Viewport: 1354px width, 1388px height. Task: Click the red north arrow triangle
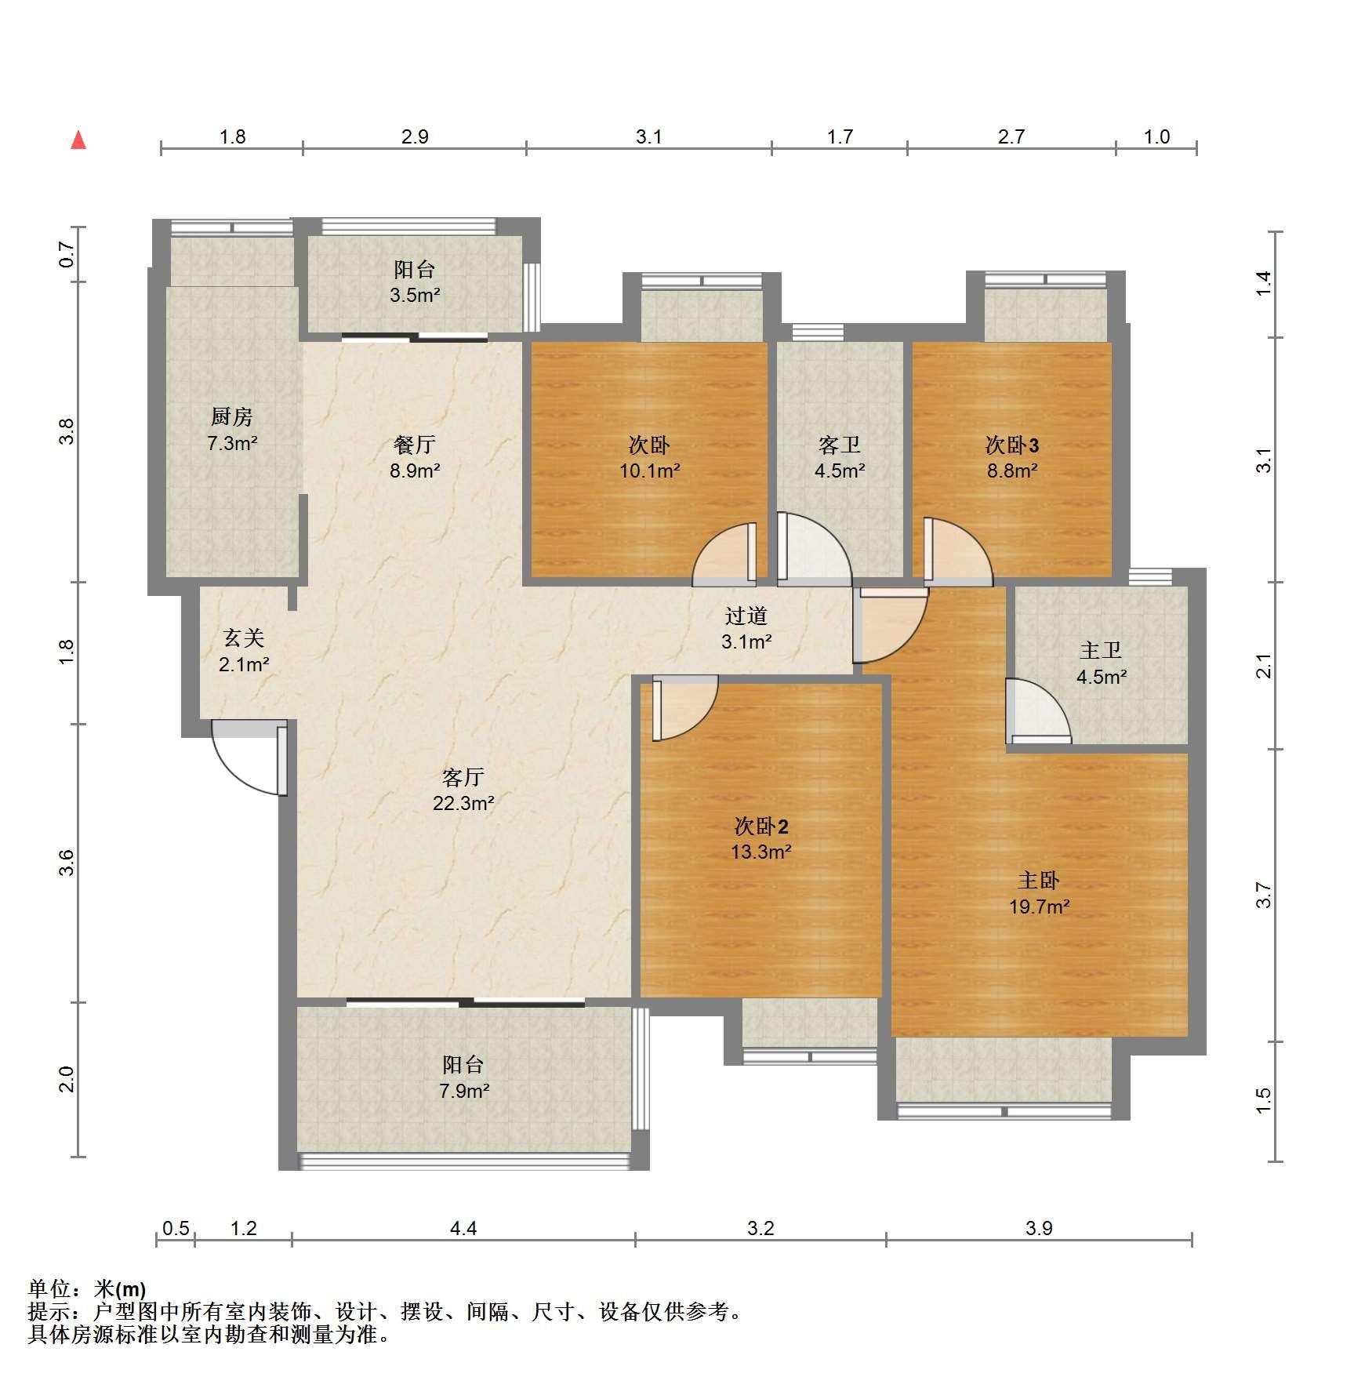coord(78,140)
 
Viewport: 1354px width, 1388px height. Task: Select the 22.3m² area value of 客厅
coord(463,803)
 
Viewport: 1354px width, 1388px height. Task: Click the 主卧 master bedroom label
coord(1039,881)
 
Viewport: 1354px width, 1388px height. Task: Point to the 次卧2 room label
coord(761,826)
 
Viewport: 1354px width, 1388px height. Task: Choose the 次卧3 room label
coord(1012,445)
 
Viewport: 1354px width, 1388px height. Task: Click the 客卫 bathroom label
coord(840,445)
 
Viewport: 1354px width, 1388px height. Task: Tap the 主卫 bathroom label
coord(1102,650)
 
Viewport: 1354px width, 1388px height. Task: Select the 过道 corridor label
coord(746,616)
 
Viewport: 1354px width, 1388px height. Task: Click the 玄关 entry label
coord(244,638)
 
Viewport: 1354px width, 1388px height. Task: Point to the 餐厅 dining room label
coord(415,445)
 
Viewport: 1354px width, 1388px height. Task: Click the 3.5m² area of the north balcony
coord(415,296)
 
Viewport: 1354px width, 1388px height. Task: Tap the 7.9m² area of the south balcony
coord(464,1091)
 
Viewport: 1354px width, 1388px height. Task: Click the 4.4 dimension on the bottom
coord(463,1228)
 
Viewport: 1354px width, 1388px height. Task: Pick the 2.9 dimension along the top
coord(415,137)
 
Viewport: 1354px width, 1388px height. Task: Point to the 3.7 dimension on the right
coord(1263,896)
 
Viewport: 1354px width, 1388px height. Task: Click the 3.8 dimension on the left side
coord(67,432)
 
